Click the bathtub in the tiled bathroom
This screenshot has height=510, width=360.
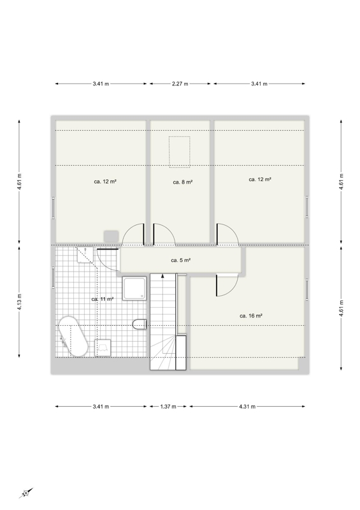(x=73, y=336)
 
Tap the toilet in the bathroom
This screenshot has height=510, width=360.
(x=140, y=324)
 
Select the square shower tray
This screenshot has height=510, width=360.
(x=134, y=289)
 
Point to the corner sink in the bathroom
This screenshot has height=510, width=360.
(x=85, y=254)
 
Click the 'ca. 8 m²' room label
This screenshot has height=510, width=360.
(x=183, y=182)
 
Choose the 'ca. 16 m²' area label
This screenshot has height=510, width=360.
(x=251, y=316)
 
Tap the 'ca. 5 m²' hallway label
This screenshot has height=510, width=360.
(x=180, y=260)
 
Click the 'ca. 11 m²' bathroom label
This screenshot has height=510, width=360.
(x=103, y=299)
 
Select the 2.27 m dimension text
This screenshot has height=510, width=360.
(x=180, y=84)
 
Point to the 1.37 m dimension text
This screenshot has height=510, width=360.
(x=168, y=407)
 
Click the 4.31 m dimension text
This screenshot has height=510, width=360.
(x=247, y=407)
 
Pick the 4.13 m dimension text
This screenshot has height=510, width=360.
(x=19, y=302)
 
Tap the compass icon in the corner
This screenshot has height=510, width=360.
(x=26, y=493)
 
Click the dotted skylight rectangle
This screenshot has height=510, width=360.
(x=179, y=152)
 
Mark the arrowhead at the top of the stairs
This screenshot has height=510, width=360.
(x=162, y=276)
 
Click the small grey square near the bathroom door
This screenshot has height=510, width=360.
(x=112, y=236)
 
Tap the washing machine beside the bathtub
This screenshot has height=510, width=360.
(x=103, y=347)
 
